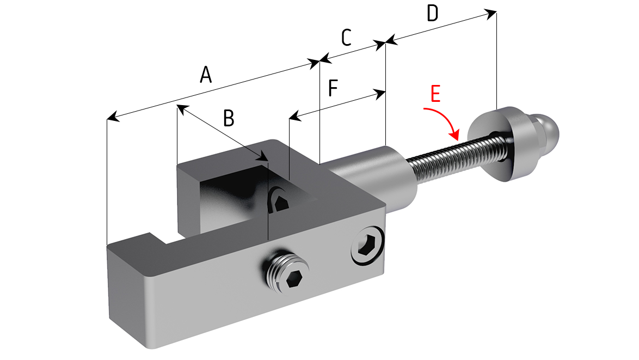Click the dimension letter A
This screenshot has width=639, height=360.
tap(206, 75)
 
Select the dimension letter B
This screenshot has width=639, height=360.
tap(229, 118)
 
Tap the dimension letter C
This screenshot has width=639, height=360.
tap(346, 38)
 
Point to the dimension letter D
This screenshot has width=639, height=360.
tap(432, 13)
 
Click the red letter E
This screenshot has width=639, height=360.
tap(435, 94)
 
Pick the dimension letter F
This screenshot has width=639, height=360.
tap(333, 88)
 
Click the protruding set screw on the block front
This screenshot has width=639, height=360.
tap(286, 272)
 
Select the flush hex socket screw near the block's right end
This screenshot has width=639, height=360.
tap(367, 246)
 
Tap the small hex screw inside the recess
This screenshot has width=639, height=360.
tap(280, 200)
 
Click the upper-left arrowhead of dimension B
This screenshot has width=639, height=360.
tap(182, 108)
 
